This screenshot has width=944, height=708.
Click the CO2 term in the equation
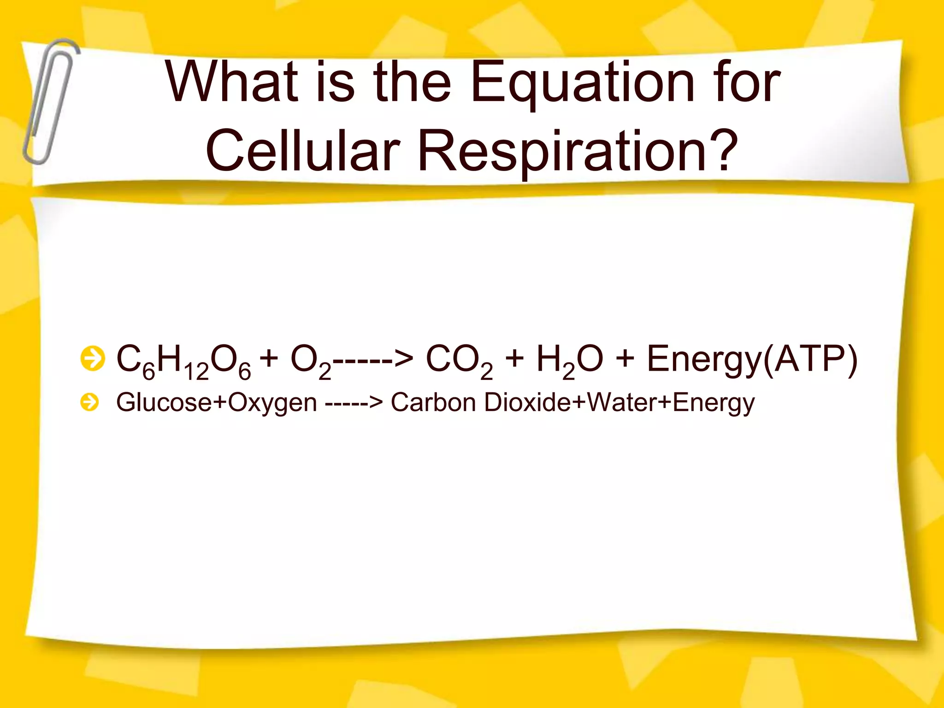pyautogui.click(x=459, y=361)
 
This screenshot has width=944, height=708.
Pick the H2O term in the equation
pyautogui.click(x=570, y=361)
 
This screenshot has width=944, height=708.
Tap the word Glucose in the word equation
pyautogui.click(x=164, y=402)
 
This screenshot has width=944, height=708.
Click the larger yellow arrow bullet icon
pyautogui.click(x=92, y=359)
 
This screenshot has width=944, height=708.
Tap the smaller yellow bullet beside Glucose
pyautogui.click(x=89, y=402)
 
